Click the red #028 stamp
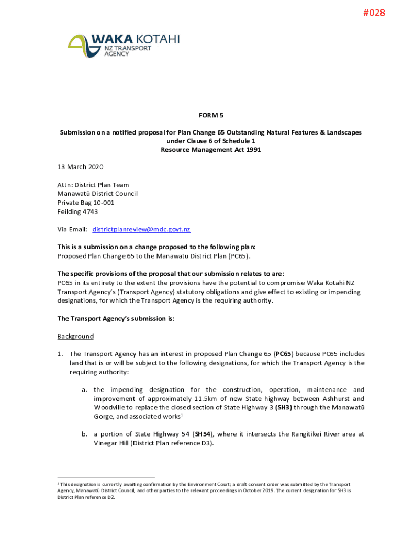click(374, 13)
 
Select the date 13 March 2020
click(80, 167)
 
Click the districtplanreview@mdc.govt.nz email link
click(141, 229)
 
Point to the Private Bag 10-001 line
click(85, 203)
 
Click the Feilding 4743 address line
click(77, 211)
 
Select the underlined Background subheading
click(75, 336)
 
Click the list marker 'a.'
click(84, 390)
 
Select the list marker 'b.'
click(84, 434)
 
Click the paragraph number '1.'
click(61, 354)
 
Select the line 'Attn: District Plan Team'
click(93, 185)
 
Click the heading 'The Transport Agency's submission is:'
click(116, 318)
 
